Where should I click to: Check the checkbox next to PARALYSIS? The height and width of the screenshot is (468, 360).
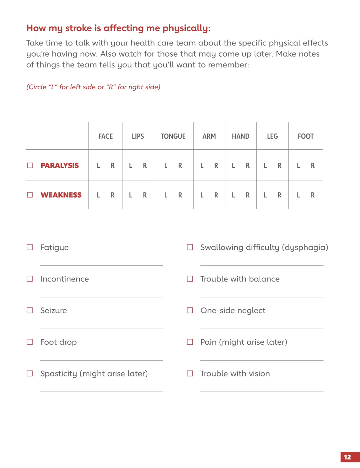[30, 165]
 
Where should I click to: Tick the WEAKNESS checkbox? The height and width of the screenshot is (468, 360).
[30, 195]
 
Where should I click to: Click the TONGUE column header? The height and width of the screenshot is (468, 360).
[173, 136]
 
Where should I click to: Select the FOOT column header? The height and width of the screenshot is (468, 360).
[305, 136]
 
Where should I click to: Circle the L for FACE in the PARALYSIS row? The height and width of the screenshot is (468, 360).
[98, 166]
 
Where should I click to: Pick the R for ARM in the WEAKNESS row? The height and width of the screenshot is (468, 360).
[216, 195]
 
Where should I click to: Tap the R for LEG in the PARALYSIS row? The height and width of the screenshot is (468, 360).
[279, 166]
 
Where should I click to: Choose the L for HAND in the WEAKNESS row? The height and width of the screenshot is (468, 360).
[233, 195]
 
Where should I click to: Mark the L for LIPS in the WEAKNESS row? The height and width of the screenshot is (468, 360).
[130, 195]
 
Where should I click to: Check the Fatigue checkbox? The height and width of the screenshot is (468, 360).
[30, 247]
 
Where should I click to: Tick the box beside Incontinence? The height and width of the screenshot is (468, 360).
[30, 279]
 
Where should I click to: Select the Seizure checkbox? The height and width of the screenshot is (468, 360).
[30, 310]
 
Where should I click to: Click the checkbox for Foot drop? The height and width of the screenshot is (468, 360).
[30, 342]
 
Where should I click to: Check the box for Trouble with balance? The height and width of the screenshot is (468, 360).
[190, 279]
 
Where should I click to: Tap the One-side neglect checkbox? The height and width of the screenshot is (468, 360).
[190, 310]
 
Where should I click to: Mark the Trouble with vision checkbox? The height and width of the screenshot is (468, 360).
[190, 373]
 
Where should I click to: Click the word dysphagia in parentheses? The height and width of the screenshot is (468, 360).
[305, 248]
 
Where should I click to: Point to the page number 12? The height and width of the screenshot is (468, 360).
[348, 457]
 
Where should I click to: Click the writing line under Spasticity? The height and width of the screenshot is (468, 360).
[102, 391]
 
